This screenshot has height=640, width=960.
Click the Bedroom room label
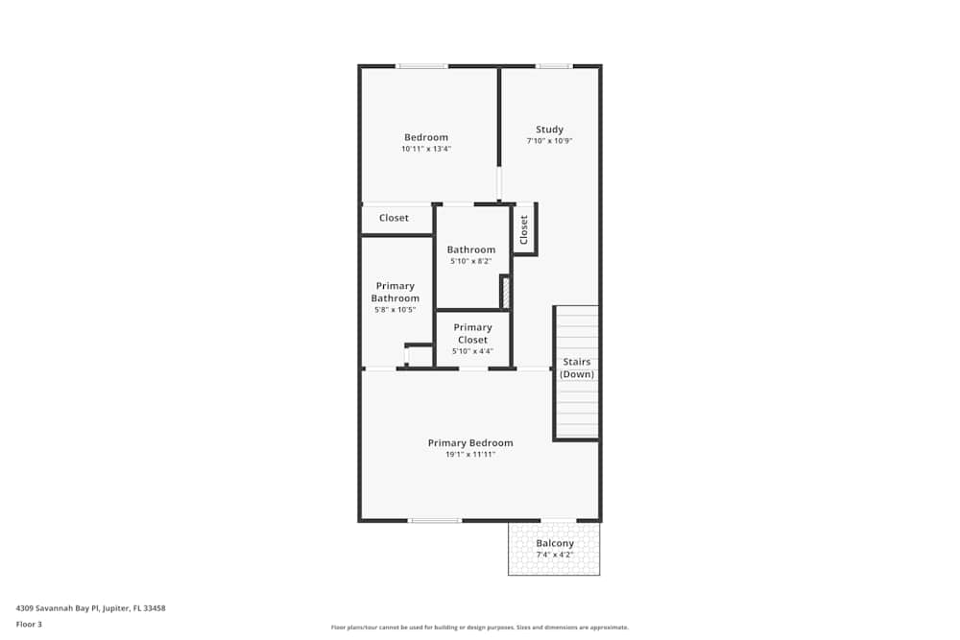click(x=425, y=137)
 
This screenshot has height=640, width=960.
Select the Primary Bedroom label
click(x=470, y=442)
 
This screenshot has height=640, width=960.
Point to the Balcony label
click(x=555, y=543)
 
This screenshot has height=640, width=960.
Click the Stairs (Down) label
click(x=577, y=367)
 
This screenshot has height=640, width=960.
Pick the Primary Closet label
click(x=472, y=333)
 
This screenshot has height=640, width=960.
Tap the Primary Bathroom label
click(x=396, y=292)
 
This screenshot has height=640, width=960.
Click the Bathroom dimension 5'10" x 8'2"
click(x=470, y=261)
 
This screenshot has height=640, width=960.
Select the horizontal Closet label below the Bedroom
click(x=394, y=218)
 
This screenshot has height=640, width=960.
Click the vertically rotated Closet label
click(x=524, y=229)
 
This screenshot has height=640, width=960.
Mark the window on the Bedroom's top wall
click(x=422, y=66)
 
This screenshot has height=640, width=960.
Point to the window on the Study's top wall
click(x=553, y=66)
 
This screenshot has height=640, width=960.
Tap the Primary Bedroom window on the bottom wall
click(x=434, y=520)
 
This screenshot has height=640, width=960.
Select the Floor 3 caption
click(x=29, y=624)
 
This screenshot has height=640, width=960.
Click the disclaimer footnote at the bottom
click(x=479, y=627)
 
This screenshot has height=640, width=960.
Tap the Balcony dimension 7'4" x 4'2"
click(x=555, y=555)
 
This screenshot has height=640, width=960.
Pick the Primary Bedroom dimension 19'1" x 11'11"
click(x=470, y=454)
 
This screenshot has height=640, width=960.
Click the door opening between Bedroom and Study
click(x=499, y=182)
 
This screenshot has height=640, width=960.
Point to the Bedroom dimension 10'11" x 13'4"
click(x=425, y=149)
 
